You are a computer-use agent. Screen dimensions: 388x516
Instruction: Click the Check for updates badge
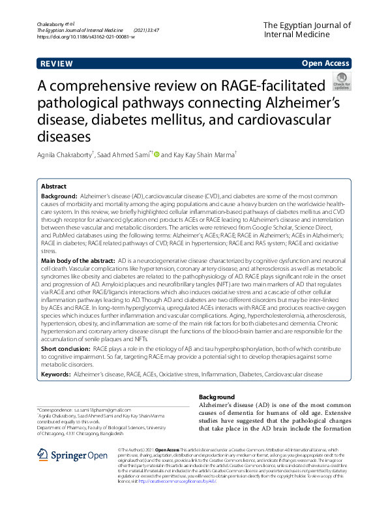342,82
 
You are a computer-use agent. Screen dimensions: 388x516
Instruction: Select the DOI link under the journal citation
86,37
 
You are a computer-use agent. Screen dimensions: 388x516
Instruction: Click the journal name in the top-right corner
306,31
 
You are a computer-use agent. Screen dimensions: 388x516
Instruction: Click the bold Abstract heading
54,187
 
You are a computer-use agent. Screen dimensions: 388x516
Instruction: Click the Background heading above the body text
216,397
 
